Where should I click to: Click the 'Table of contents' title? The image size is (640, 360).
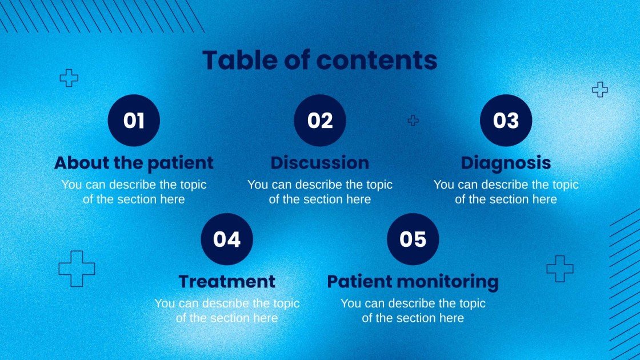319,60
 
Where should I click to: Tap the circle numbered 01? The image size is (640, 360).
134,121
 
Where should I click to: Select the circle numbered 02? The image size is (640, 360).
319,121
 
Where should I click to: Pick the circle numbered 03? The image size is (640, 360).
506,121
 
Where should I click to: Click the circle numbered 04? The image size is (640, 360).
227,239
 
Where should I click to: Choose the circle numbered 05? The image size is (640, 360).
413,239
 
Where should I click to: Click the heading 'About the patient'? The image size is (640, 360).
134,163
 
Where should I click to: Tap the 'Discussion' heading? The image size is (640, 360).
319,163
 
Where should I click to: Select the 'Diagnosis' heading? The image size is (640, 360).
506,163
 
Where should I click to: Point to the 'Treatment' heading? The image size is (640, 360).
227,282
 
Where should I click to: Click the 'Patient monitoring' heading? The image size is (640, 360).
413,282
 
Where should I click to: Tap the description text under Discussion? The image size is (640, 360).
319,192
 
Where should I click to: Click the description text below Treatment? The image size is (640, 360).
227,311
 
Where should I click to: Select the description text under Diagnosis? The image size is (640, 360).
506,192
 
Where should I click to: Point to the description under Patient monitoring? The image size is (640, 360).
413,311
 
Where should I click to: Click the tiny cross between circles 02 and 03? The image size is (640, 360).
413,120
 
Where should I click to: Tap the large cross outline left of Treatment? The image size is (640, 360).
77,269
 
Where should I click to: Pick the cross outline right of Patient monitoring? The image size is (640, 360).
559,269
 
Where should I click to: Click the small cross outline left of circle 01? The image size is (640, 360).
69,78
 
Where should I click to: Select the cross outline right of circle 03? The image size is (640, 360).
599,89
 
